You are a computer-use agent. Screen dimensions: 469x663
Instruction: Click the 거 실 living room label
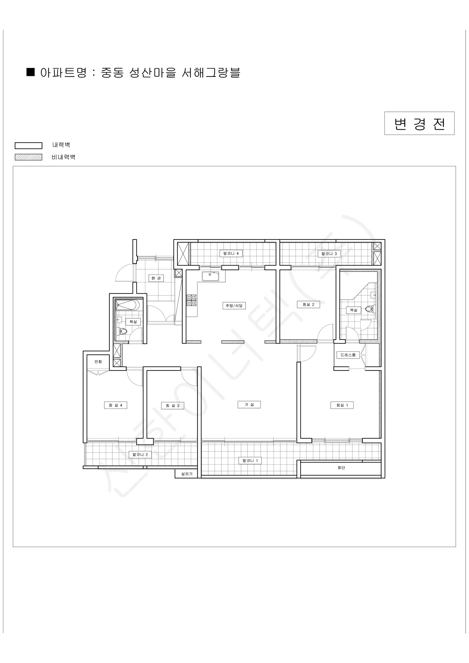pos(249,404)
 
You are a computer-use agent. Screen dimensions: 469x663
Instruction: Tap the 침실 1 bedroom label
pos(342,405)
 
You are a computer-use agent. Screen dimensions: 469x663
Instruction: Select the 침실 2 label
pos(309,304)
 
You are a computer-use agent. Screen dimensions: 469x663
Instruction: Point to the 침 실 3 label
pos(172,406)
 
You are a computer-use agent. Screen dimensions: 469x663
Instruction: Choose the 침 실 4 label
pos(115,405)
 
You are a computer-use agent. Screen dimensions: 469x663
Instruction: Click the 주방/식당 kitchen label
pos(234,306)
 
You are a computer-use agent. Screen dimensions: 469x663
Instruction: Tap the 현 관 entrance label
pos(156,278)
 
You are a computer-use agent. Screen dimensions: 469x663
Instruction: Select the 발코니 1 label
pos(250,461)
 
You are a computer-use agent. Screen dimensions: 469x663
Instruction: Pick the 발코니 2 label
pos(140,454)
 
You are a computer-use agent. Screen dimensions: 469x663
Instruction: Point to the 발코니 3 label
pos(329,254)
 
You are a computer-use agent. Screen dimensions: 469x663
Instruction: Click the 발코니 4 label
pos(231,253)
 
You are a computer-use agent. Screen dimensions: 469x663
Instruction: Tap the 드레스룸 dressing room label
pos(348,355)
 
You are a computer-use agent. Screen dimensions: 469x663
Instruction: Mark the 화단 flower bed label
pos(341,467)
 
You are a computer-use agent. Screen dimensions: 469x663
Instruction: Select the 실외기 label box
pos(187,473)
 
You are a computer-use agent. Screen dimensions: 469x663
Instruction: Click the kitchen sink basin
pos(210,276)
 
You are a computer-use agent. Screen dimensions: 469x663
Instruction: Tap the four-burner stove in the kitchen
pos(191,300)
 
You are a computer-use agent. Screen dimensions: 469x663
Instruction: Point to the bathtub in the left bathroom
pos(128,305)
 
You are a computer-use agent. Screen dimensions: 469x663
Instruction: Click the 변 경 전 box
pos(419,123)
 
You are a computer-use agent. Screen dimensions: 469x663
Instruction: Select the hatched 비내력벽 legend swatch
pos(29,157)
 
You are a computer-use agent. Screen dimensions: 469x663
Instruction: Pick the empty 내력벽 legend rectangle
pos(29,146)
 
